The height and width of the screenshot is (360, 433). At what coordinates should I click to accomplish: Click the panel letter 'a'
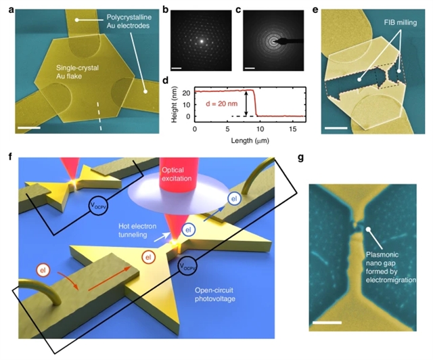(x=5, y=7)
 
